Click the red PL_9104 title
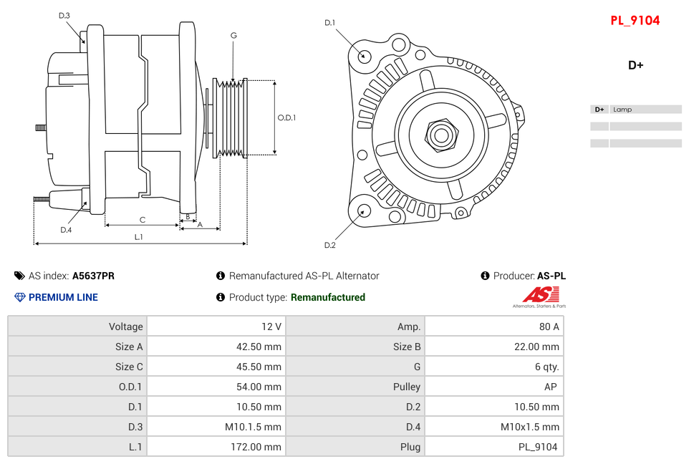click(635, 21)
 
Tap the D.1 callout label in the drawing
click(329, 23)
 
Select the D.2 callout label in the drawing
click(329, 246)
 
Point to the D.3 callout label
click(64, 16)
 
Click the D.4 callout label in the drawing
click(66, 230)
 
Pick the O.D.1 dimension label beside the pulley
click(286, 117)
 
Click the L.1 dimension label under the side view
click(139, 237)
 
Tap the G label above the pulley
click(233, 36)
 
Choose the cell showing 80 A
click(493, 327)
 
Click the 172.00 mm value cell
click(216, 447)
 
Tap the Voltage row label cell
click(77, 327)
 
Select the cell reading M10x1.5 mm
click(493, 427)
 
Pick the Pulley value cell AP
click(493, 387)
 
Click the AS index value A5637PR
click(93, 276)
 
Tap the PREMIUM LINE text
click(63, 297)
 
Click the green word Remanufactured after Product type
click(327, 297)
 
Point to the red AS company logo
click(540, 295)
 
